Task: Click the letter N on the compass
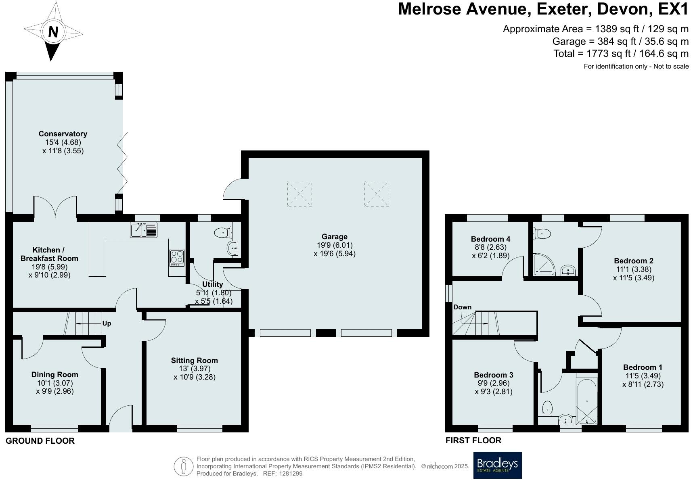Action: pyautogui.click(x=53, y=32)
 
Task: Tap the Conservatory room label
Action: pyautogui.click(x=63, y=134)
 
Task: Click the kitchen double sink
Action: pyautogui.click(x=144, y=230)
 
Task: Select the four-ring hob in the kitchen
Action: pyautogui.click(x=177, y=258)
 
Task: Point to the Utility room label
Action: pyautogui.click(x=212, y=284)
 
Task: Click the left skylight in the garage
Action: pyautogui.click(x=299, y=194)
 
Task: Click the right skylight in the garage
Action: pyautogui.click(x=376, y=194)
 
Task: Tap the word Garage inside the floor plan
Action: pyautogui.click(x=334, y=237)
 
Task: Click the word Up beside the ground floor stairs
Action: pyautogui.click(x=107, y=323)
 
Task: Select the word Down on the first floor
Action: pyautogui.click(x=462, y=307)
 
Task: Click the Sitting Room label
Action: pyautogui.click(x=194, y=361)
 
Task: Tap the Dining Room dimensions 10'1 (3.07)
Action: pyautogui.click(x=55, y=383)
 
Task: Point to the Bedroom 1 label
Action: pyautogui.click(x=643, y=367)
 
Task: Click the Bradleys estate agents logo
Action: pyautogui.click(x=497, y=465)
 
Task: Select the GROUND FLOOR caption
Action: pyautogui.click(x=40, y=441)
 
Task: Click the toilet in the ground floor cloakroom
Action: pyautogui.click(x=223, y=233)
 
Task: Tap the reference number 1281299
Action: pyautogui.click(x=291, y=474)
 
